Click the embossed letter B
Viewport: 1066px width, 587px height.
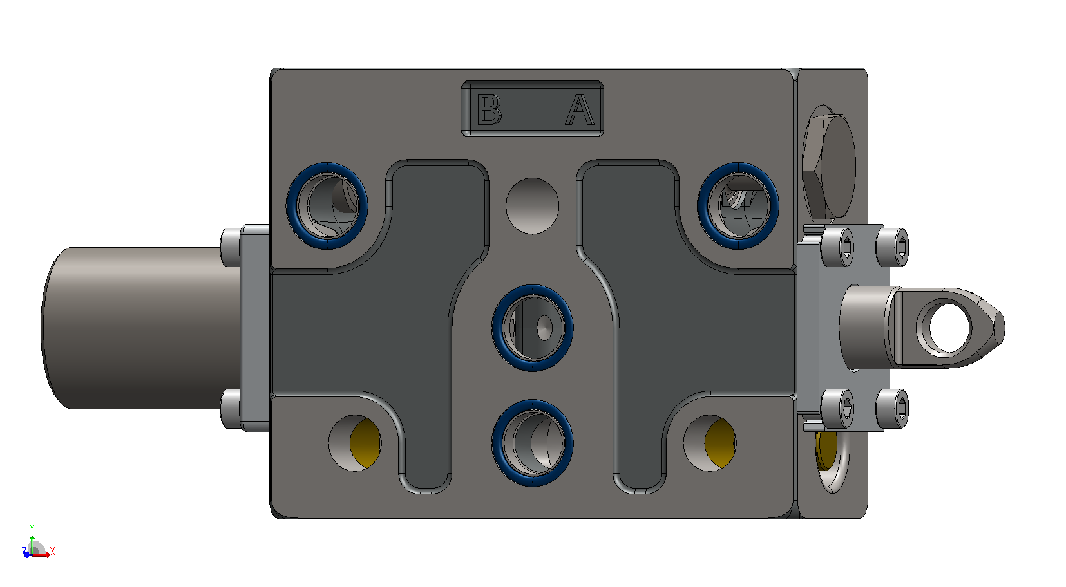[489, 110]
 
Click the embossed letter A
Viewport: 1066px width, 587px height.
[580, 110]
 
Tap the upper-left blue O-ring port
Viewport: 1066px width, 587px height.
[327, 206]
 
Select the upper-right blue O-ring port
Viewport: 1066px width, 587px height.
[738, 206]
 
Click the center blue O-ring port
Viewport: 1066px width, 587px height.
[533, 328]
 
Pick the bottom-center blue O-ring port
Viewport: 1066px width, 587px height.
[533, 443]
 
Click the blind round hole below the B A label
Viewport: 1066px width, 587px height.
[533, 206]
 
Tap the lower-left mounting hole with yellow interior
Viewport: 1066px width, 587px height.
[355, 443]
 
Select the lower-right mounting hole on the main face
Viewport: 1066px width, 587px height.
[710, 443]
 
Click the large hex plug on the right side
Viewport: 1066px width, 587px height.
[829, 165]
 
